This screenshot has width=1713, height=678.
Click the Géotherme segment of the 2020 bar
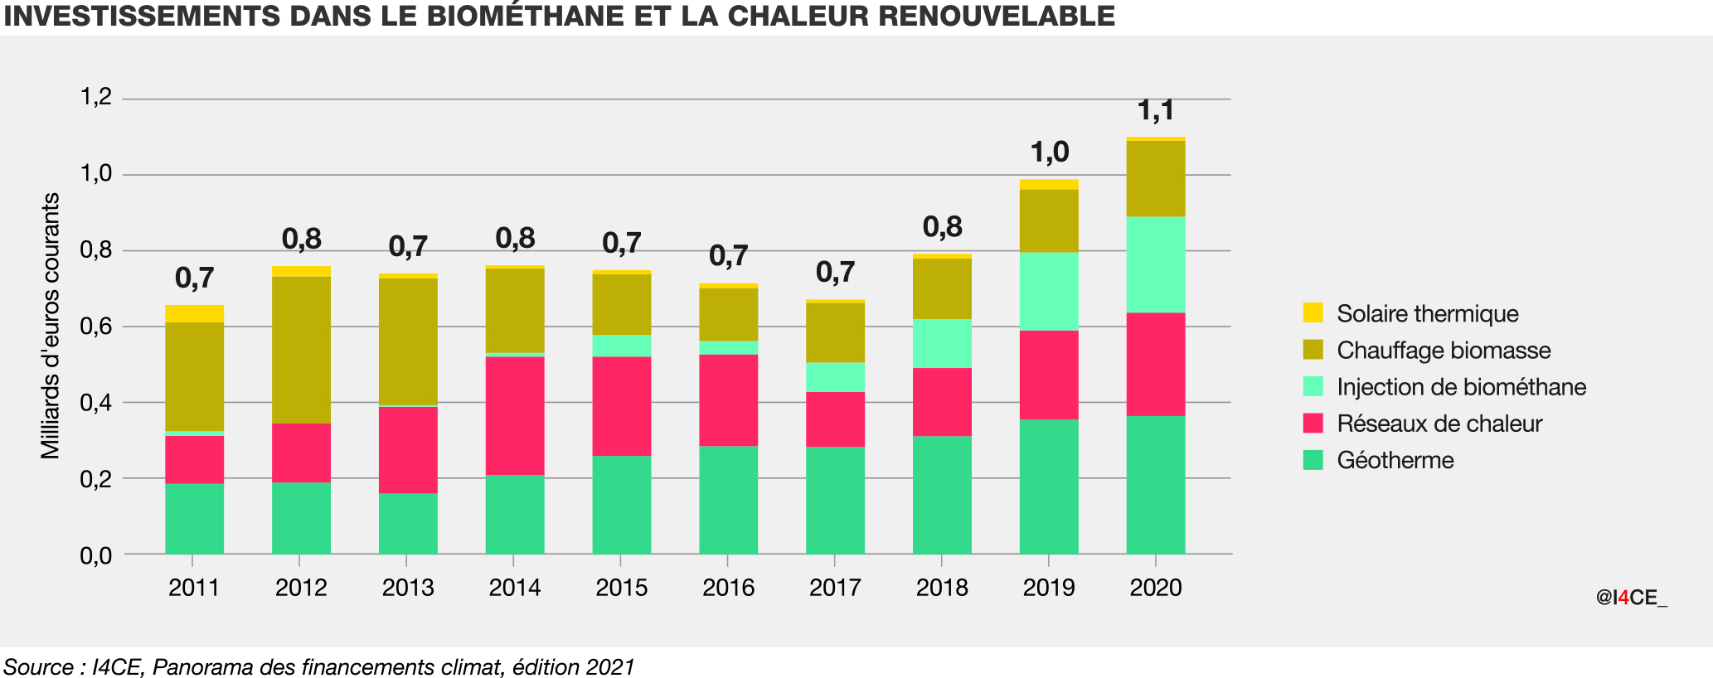[x=1155, y=485]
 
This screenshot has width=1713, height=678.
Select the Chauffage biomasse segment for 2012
[x=301, y=350]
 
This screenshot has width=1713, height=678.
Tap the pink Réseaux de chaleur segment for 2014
[x=515, y=415]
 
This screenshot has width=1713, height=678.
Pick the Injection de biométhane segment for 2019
[x=1049, y=291]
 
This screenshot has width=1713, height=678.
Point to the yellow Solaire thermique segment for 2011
[x=194, y=313]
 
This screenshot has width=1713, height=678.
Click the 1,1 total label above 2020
[x=1155, y=110]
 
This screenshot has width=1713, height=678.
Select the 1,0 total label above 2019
[x=1049, y=153]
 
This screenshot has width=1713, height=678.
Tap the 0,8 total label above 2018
[x=942, y=226]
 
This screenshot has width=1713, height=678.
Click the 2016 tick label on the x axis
[x=728, y=588]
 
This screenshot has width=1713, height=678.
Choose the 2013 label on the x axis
[x=408, y=588]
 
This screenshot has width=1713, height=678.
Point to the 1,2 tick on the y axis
[x=95, y=98]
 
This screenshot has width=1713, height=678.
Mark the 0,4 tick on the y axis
[x=95, y=403]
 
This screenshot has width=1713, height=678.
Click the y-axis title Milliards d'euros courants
[x=51, y=326]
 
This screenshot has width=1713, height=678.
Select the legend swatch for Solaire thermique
[x=1313, y=313]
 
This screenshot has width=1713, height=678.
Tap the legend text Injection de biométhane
[x=1461, y=387]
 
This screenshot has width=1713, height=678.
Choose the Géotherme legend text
[x=1395, y=460]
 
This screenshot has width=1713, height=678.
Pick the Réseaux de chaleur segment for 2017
[x=835, y=419]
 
